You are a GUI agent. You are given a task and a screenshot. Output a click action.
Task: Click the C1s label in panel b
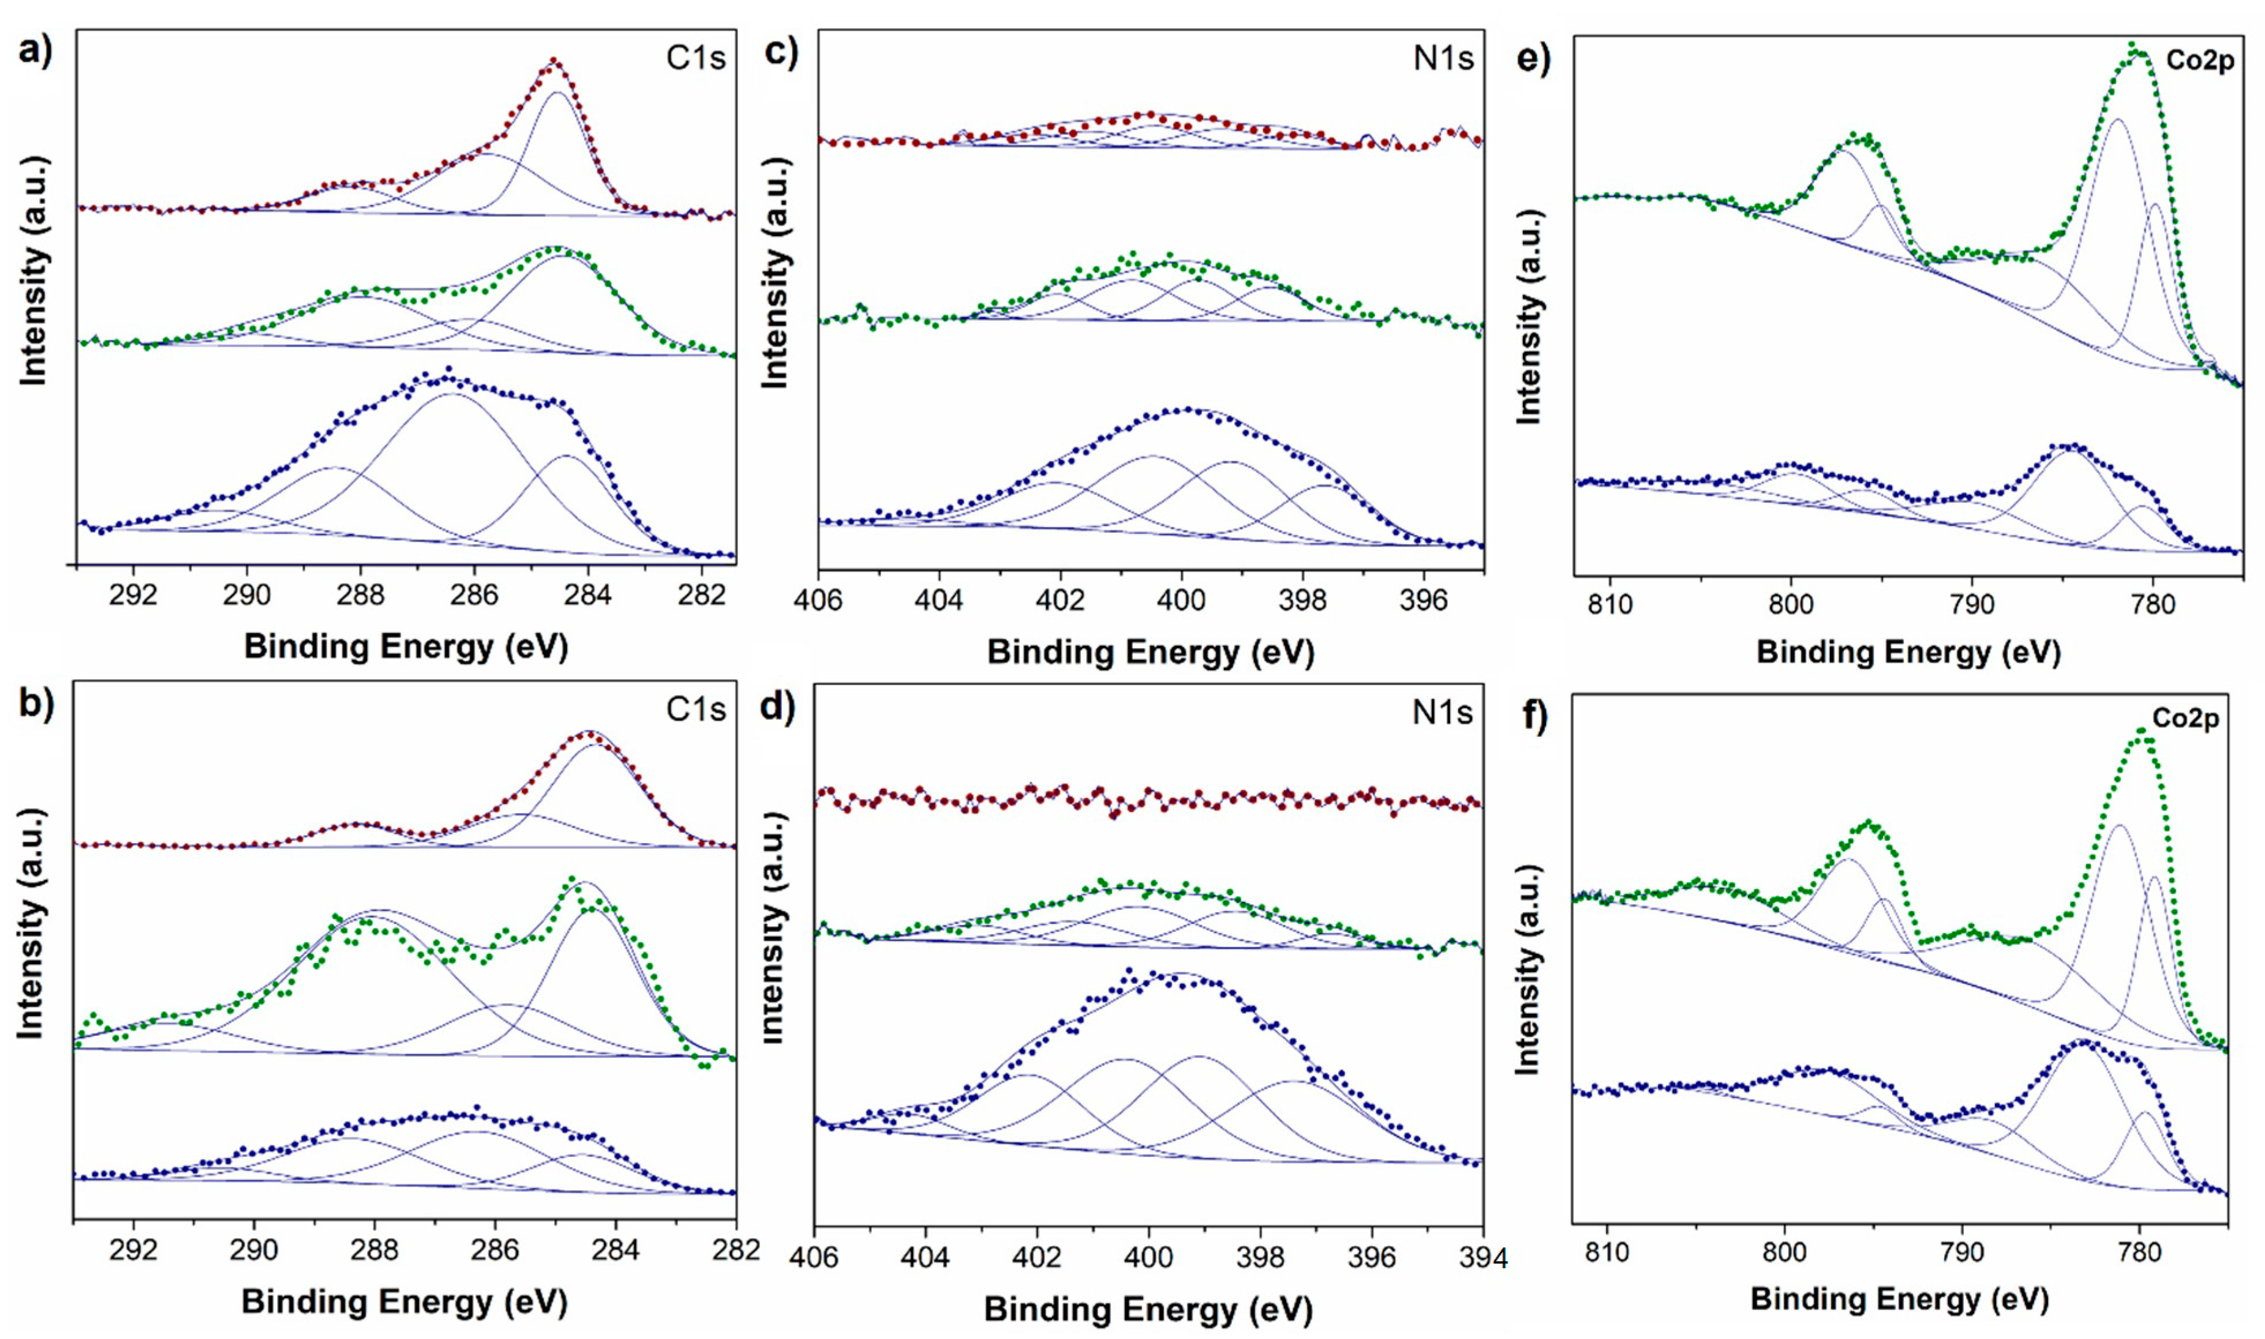pos(695,709)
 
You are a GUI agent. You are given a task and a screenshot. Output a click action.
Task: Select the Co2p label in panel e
pos(2199,61)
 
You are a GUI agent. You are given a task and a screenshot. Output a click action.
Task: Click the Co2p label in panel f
pos(2185,718)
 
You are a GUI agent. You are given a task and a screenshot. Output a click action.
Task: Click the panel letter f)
pos(1534,716)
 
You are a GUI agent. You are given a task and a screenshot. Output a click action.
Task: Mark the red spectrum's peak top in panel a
pos(555,61)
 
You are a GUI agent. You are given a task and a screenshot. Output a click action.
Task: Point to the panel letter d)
pos(777,706)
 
